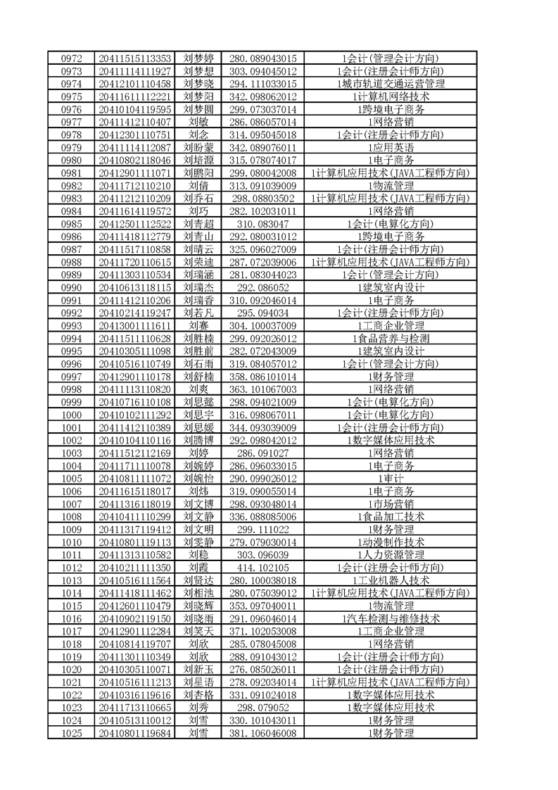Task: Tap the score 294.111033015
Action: point(262,84)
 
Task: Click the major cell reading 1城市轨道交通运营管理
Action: point(391,84)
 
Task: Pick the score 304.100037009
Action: point(262,326)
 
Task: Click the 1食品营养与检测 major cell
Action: point(391,339)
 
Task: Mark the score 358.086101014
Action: point(262,377)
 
